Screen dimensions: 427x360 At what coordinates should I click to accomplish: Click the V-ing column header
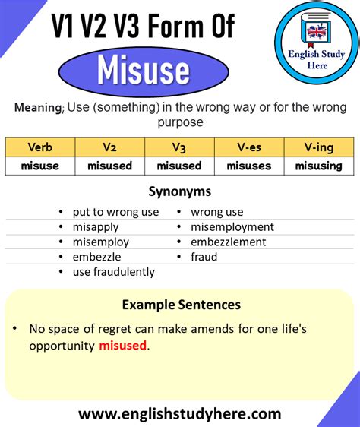(x=319, y=147)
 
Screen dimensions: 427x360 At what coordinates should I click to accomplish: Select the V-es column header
(x=249, y=147)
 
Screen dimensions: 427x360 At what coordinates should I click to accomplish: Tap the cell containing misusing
(x=319, y=166)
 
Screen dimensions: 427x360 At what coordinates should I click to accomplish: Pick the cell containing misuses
(x=249, y=166)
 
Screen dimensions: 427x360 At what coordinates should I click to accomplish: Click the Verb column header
(x=39, y=147)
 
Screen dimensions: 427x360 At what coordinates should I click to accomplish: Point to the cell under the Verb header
(x=39, y=166)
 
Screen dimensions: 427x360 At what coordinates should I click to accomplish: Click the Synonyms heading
(x=180, y=191)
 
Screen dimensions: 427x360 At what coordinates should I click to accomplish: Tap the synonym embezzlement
(x=228, y=242)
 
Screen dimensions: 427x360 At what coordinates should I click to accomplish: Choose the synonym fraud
(x=204, y=257)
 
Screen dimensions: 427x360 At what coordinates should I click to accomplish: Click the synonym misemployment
(x=232, y=227)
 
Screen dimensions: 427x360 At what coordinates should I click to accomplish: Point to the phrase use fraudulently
(x=113, y=272)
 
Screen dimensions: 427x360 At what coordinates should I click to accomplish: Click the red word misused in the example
(x=122, y=346)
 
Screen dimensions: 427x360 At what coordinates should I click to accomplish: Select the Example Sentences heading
(x=181, y=305)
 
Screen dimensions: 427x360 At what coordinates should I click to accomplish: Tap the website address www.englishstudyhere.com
(x=180, y=414)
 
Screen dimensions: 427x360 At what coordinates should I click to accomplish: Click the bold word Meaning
(x=37, y=108)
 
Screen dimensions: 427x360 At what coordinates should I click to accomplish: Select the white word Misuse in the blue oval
(x=143, y=71)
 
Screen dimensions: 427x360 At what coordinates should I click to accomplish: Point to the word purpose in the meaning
(x=180, y=122)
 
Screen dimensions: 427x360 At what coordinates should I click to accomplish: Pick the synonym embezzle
(x=97, y=257)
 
